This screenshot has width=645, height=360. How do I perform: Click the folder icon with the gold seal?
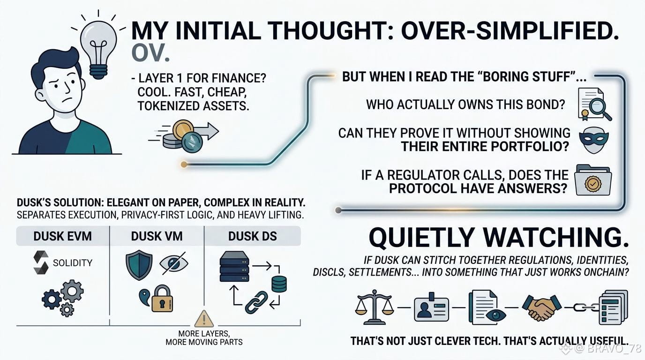(x=593, y=180)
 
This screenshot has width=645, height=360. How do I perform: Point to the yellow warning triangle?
(x=204, y=319)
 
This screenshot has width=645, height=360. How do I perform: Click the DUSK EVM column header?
(x=62, y=236)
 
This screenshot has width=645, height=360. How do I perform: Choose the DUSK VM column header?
(x=157, y=236)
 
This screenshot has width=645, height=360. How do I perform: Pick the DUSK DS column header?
(x=253, y=236)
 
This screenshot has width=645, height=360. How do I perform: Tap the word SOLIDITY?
(x=73, y=262)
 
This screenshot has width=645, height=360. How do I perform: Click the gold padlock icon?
(x=162, y=299)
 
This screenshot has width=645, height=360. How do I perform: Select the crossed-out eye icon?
(x=173, y=263)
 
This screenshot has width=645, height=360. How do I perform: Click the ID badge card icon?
(x=431, y=307)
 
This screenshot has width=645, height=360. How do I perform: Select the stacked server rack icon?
(x=234, y=266)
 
